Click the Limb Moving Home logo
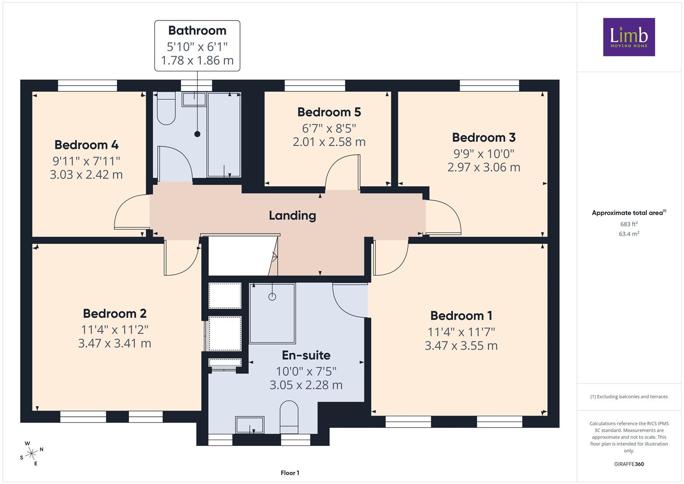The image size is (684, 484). (x=629, y=37)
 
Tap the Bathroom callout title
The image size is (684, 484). (x=197, y=30)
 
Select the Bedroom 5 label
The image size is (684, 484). (x=329, y=112)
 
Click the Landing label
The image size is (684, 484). (x=292, y=216)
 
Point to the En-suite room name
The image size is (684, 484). (x=306, y=355)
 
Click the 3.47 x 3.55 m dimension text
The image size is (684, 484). (x=461, y=346)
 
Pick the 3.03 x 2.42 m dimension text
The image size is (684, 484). (x=86, y=175)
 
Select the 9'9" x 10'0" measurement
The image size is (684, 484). (x=484, y=154)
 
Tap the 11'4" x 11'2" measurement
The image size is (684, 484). (x=115, y=330)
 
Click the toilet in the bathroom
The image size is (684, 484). (x=166, y=108)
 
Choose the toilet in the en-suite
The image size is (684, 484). (x=289, y=417)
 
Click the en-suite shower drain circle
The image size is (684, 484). (x=272, y=297)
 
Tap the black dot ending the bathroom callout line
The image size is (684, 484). (x=197, y=134)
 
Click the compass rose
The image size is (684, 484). (x=31, y=454)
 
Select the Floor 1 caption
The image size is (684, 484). (x=290, y=473)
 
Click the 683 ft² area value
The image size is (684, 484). (x=629, y=224)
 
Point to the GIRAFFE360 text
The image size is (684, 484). (x=629, y=464)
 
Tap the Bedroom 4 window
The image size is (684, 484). (x=87, y=86)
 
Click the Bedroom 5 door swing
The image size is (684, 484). (x=343, y=173)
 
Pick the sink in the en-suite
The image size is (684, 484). (x=250, y=425)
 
